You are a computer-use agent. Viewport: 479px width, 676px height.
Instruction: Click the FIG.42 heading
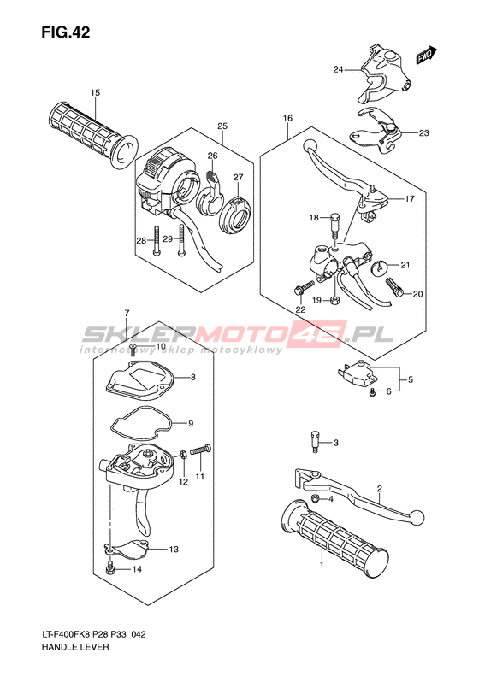(x=66, y=32)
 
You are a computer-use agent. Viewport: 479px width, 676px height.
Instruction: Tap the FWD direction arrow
(x=426, y=55)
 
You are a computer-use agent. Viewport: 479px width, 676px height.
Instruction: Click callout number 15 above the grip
(x=95, y=92)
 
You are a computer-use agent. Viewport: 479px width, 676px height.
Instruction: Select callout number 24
(x=338, y=69)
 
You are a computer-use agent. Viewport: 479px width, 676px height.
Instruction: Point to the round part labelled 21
(x=380, y=267)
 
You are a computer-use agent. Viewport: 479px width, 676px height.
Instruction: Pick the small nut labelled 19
(x=334, y=300)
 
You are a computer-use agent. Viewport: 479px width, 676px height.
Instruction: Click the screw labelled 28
(x=155, y=240)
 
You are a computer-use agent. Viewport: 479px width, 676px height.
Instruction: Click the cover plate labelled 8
(x=139, y=379)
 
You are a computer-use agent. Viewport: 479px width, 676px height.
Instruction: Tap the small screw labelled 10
(x=133, y=350)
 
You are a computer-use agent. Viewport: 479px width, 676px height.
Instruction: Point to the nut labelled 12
(x=183, y=454)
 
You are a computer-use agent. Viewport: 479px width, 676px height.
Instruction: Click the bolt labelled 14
(x=110, y=567)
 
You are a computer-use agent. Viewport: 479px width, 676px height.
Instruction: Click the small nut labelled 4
(x=316, y=499)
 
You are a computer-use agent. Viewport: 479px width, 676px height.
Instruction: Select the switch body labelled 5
(x=358, y=373)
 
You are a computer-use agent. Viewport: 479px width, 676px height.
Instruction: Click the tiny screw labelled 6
(x=371, y=392)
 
